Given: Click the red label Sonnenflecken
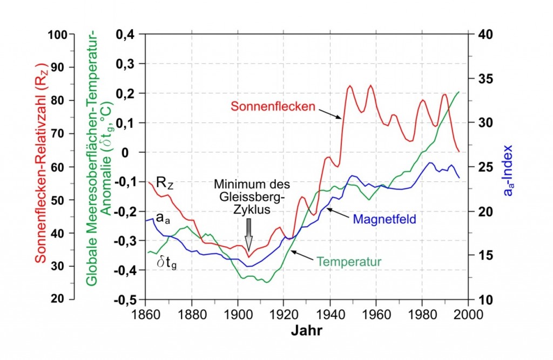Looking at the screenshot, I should tap(273, 106).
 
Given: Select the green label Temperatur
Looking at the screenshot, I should tap(349, 262).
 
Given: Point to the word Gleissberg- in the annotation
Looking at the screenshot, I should tap(248, 196).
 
